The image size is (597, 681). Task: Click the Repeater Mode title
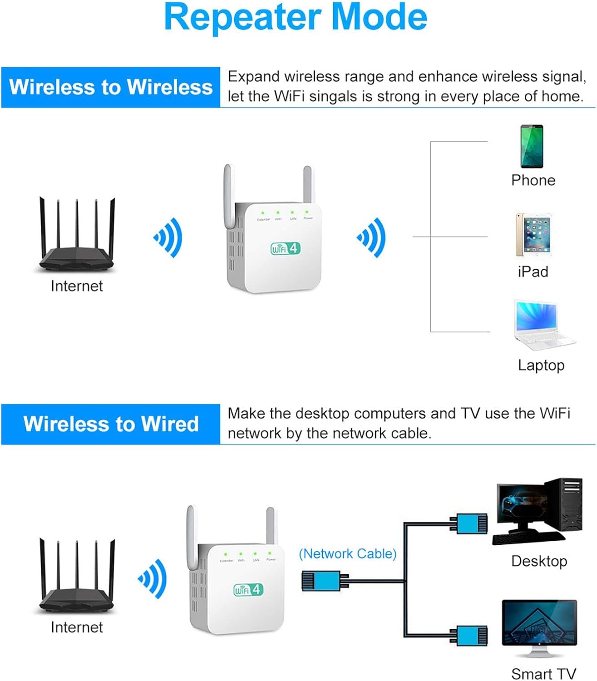(295, 17)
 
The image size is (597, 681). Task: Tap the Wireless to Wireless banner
(111, 87)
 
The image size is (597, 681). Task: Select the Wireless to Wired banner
(111, 424)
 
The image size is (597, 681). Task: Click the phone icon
(532, 146)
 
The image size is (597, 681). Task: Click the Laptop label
(541, 365)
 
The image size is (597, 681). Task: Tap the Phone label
(533, 180)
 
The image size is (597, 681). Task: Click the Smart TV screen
(539, 622)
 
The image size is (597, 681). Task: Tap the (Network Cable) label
(348, 554)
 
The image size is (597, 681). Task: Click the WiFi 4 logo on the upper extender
(285, 248)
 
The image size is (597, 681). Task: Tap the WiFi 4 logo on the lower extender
(248, 589)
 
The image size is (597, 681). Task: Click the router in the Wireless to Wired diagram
(77, 577)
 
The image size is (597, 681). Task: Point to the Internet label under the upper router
(77, 286)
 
